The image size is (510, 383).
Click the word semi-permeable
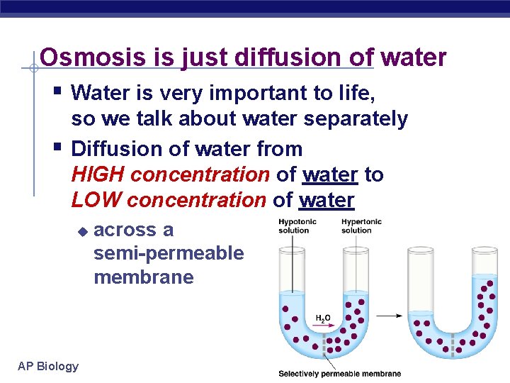pyautogui.click(x=169, y=253)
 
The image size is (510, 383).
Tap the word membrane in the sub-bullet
pyautogui.click(x=143, y=277)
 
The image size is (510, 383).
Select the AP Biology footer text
pyautogui.click(x=48, y=366)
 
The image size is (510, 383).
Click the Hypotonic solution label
pyautogui.click(x=297, y=226)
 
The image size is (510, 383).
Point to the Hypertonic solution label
pyautogui.click(x=361, y=226)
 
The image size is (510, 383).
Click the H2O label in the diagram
pyautogui.click(x=322, y=318)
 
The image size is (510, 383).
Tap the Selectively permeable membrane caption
pyautogui.click(x=340, y=374)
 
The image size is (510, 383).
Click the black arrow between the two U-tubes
pyautogui.click(x=390, y=316)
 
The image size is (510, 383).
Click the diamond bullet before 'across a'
pyautogui.click(x=82, y=231)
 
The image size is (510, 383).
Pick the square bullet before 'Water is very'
pyautogui.click(x=58, y=91)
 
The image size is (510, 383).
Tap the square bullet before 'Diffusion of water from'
pyautogui.click(x=58, y=147)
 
